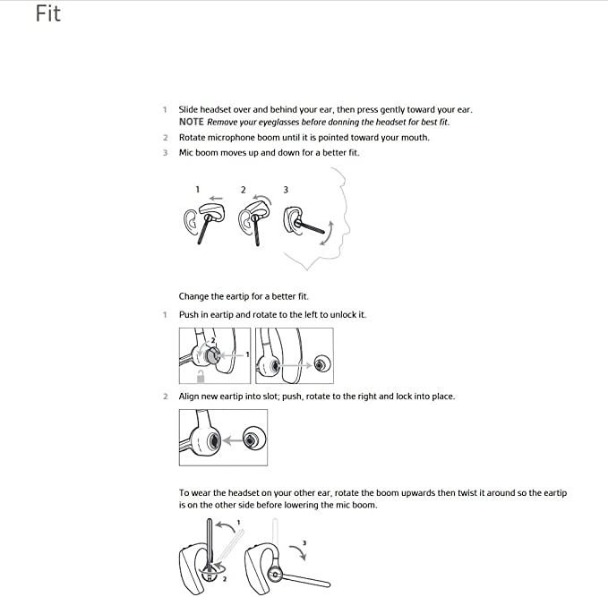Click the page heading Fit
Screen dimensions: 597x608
[48, 14]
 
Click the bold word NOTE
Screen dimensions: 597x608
[191, 122]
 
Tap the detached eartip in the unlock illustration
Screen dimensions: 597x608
[320, 363]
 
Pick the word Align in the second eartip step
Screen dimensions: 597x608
[191, 397]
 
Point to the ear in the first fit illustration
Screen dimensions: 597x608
[191, 221]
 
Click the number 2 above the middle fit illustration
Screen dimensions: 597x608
[243, 190]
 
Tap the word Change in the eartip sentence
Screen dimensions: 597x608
[194, 296]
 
